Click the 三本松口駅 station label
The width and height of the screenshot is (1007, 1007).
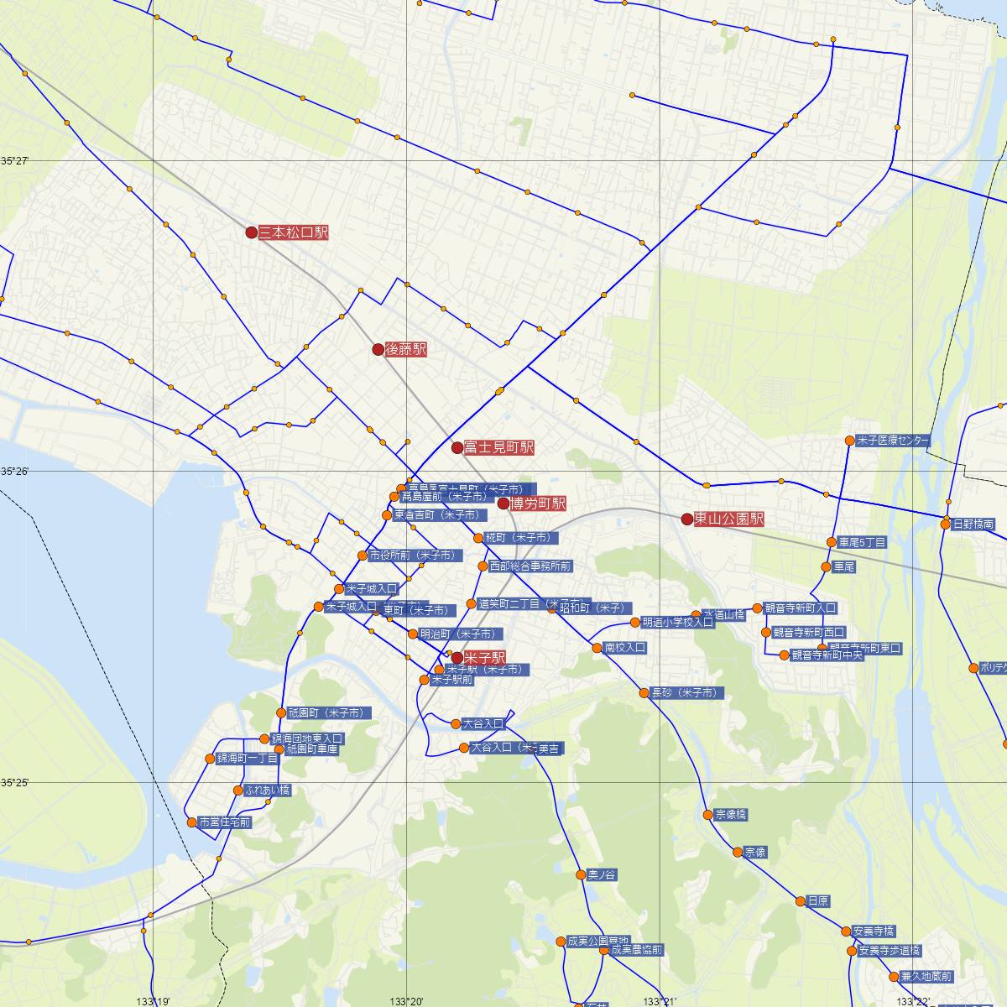click(x=293, y=232)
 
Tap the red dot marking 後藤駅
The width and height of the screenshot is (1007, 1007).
click(x=378, y=349)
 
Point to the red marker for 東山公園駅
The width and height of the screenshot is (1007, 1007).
click(x=687, y=519)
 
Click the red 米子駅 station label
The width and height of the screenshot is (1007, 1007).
click(x=484, y=658)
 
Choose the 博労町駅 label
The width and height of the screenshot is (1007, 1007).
click(x=538, y=503)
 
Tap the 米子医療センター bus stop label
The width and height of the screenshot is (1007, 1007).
click(x=893, y=441)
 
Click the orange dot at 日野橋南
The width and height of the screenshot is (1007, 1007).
click(x=946, y=524)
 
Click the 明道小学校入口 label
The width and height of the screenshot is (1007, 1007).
click(x=677, y=623)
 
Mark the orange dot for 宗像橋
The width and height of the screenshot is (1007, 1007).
click(x=707, y=815)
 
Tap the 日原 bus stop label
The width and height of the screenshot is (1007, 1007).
click(x=818, y=901)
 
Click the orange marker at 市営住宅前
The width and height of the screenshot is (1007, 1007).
click(x=192, y=822)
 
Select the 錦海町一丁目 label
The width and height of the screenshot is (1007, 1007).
click(x=248, y=759)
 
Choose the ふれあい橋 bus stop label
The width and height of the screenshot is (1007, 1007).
click(x=268, y=790)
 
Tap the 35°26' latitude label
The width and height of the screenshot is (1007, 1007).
click(x=14, y=472)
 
